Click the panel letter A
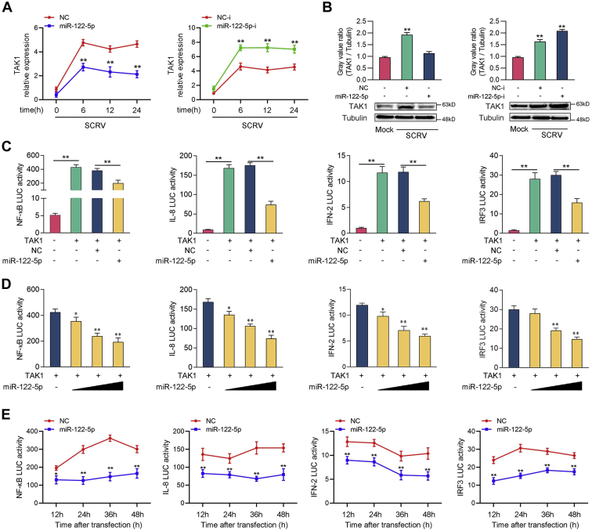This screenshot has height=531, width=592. click(6, 7)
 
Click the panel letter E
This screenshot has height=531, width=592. click(6, 409)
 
